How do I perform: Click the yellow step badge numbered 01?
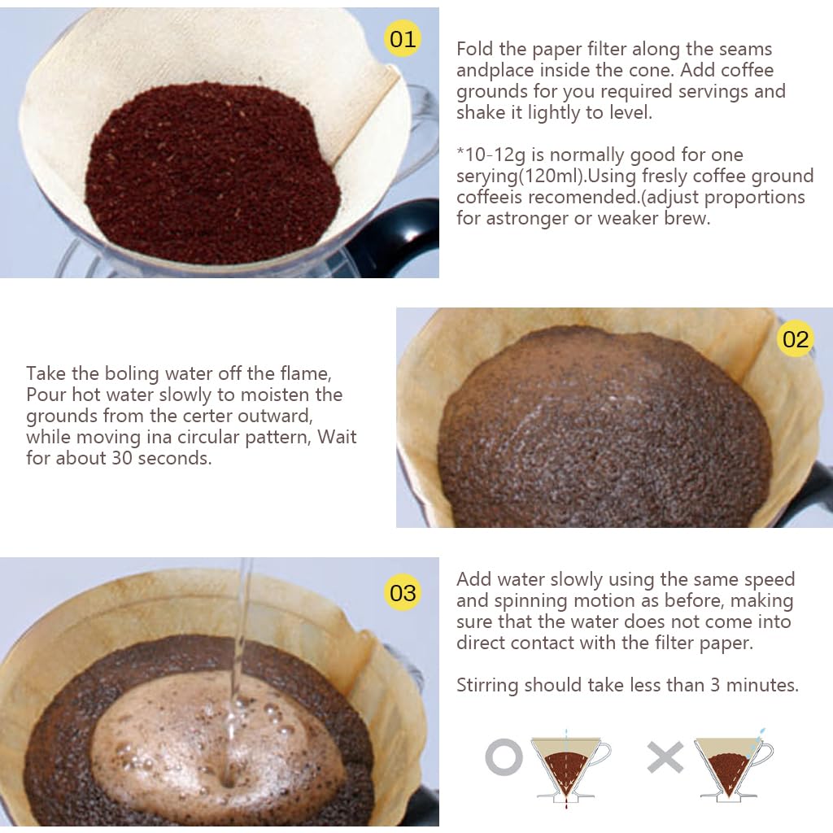(402, 38)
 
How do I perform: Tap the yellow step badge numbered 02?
(795, 338)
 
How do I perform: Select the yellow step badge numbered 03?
(403, 592)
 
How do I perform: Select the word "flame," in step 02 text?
(307, 373)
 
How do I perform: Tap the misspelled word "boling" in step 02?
(132, 373)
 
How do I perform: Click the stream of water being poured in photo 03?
(240, 643)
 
